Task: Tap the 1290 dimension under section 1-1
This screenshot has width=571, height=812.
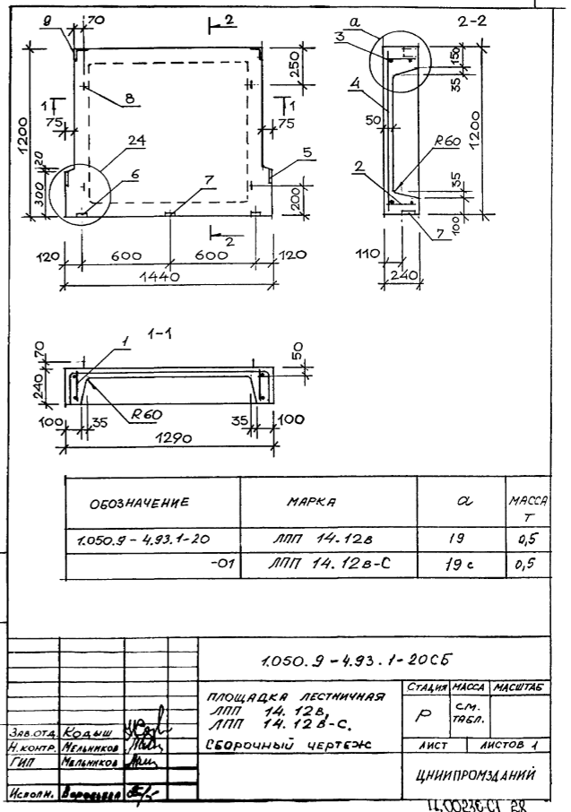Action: (x=160, y=438)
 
